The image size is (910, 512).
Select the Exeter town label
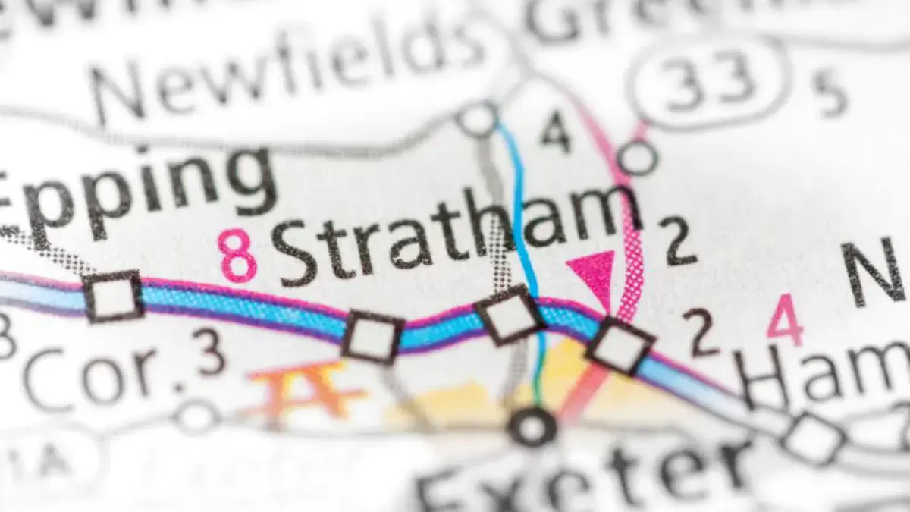pyautogui.click(x=584, y=474)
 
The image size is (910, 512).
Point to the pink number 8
pyautogui.click(x=237, y=256)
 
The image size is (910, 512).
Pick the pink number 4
pyautogui.click(x=784, y=319)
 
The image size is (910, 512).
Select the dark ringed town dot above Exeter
pyautogui.click(x=532, y=427)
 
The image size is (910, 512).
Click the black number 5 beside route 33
pyautogui.click(x=832, y=95)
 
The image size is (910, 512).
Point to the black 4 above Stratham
pyautogui.click(x=555, y=132)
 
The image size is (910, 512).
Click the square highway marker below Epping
pyautogui.click(x=113, y=297)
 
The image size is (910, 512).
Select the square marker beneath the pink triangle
pyautogui.click(x=620, y=346)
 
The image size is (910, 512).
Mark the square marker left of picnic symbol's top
pyautogui.click(x=372, y=336)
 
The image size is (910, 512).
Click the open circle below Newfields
pyautogui.click(x=479, y=119)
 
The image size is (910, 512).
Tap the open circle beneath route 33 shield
pyautogui.click(x=638, y=158)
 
